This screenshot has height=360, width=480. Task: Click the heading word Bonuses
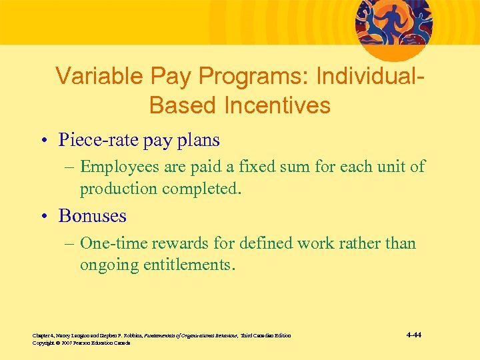click(92, 216)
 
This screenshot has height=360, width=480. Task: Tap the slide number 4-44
click(413, 335)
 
